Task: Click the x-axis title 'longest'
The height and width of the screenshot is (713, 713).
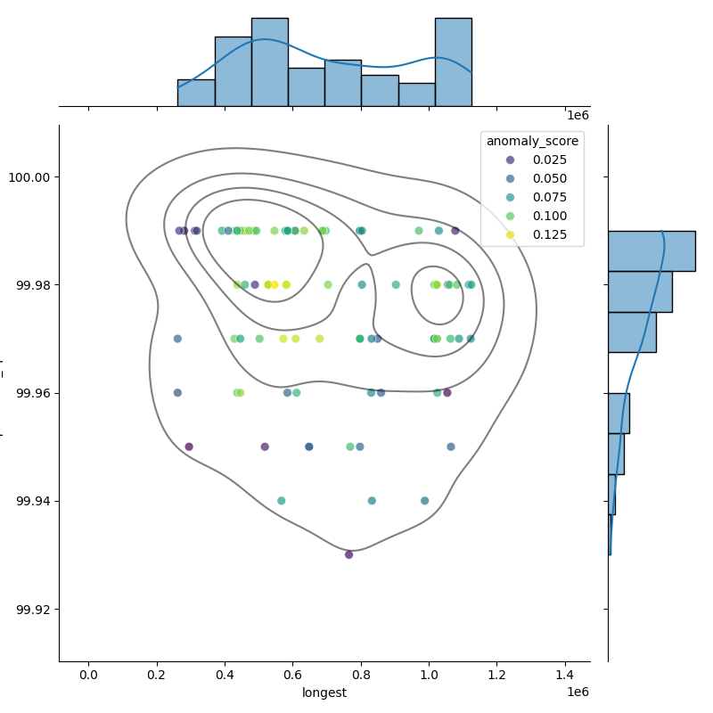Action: pyautogui.click(x=324, y=693)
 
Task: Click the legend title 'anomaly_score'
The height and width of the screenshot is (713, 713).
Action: pyautogui.click(x=532, y=141)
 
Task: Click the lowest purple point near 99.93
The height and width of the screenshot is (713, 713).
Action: pyautogui.click(x=348, y=554)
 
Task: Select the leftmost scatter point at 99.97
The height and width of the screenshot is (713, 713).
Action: pyautogui.click(x=177, y=339)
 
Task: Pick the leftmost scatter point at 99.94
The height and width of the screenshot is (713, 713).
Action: pyautogui.click(x=282, y=501)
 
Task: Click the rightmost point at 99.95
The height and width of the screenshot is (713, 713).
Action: pyautogui.click(x=451, y=447)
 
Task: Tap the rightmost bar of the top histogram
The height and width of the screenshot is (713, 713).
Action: pyautogui.click(x=453, y=62)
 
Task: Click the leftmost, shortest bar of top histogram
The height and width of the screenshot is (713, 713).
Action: pyautogui.click(x=196, y=93)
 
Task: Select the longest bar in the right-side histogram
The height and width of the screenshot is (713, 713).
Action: pyautogui.click(x=651, y=250)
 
